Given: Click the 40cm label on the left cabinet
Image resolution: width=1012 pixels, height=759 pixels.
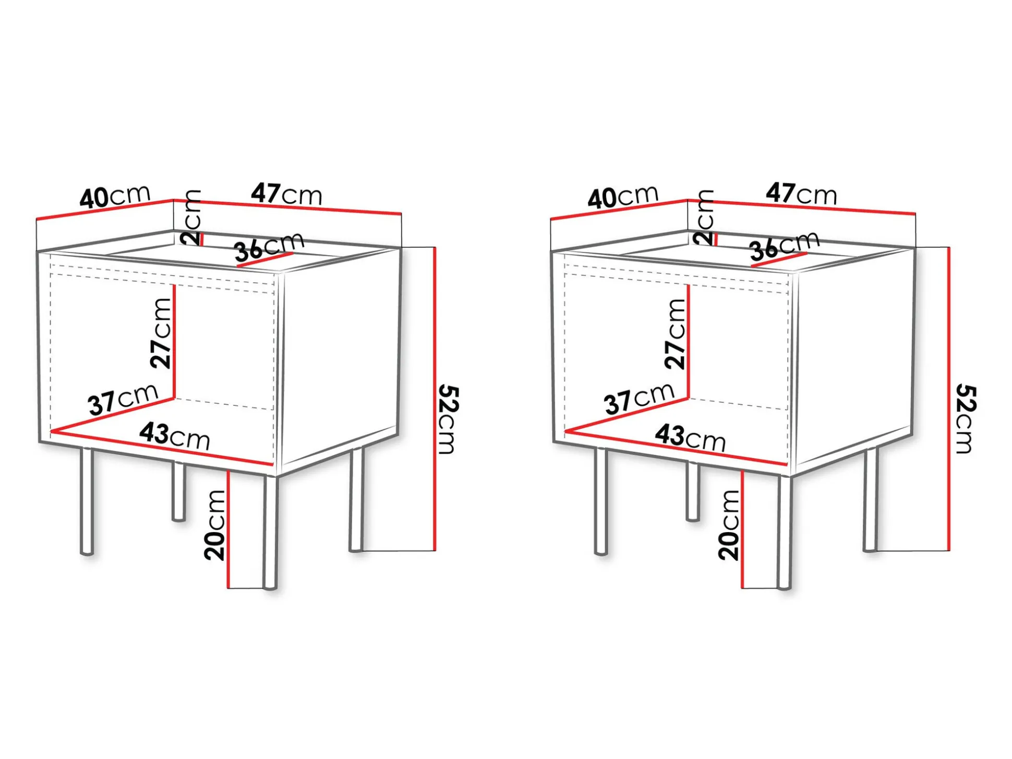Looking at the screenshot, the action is click(x=115, y=197).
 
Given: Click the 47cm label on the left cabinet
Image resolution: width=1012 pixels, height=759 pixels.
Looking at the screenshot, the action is click(x=286, y=194).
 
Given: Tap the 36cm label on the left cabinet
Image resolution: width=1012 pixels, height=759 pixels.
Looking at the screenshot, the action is click(x=269, y=247).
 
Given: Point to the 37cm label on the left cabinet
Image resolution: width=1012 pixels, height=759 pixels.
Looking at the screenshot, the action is click(x=123, y=400).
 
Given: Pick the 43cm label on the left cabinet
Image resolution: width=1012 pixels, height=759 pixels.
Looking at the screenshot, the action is click(x=175, y=436).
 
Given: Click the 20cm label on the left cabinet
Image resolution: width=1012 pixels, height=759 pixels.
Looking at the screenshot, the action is click(x=215, y=525).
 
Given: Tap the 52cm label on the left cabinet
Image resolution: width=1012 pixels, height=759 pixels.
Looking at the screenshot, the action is click(x=448, y=419).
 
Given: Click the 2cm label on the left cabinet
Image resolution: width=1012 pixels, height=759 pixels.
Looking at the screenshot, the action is click(x=191, y=218).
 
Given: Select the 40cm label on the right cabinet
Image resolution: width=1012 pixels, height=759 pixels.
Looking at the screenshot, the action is click(x=623, y=197).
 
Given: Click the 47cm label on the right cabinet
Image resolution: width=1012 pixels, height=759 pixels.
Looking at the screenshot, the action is click(x=801, y=194).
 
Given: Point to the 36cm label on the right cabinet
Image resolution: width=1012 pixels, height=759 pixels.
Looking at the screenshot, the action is click(x=785, y=246).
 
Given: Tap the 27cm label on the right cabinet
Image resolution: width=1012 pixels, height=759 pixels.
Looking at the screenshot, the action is click(x=676, y=334).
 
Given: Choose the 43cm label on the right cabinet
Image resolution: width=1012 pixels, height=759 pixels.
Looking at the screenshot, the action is click(x=690, y=437).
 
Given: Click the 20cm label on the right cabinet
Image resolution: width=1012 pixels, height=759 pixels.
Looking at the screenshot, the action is click(x=729, y=525).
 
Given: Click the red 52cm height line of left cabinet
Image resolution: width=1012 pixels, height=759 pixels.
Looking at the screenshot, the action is click(x=435, y=399).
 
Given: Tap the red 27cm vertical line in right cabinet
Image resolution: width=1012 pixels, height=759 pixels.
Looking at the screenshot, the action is click(x=689, y=341).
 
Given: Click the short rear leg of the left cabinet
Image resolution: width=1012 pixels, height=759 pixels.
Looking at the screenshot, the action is click(x=178, y=491).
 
